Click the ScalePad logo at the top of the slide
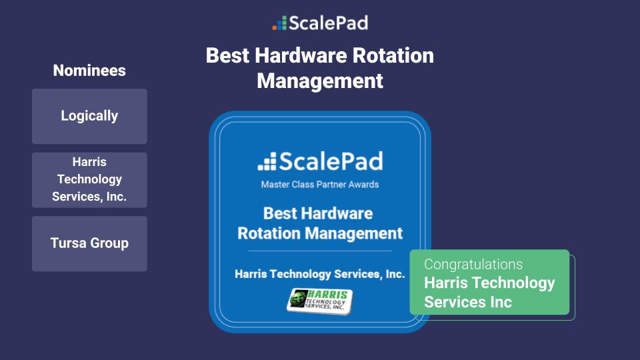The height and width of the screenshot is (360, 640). [320, 23]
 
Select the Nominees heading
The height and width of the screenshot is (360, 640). [89, 71]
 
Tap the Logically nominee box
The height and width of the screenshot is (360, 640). [89, 116]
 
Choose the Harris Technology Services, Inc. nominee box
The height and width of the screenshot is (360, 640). [89, 179]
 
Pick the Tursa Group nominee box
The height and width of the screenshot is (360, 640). [89, 243]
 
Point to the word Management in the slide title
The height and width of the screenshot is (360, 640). [320, 81]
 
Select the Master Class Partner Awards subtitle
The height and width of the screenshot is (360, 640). [320, 184]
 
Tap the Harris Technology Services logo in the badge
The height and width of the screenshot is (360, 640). [320, 300]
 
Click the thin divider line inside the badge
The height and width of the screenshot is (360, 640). [320, 251]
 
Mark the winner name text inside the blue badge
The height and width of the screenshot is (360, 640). [320, 274]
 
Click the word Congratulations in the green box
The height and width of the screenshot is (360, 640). [473, 264]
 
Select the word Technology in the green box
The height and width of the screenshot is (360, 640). [513, 283]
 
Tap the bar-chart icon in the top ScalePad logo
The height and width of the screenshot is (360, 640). [279, 24]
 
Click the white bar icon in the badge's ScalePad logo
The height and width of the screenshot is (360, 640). [267, 161]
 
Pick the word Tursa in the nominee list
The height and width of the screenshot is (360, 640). [69, 243]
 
